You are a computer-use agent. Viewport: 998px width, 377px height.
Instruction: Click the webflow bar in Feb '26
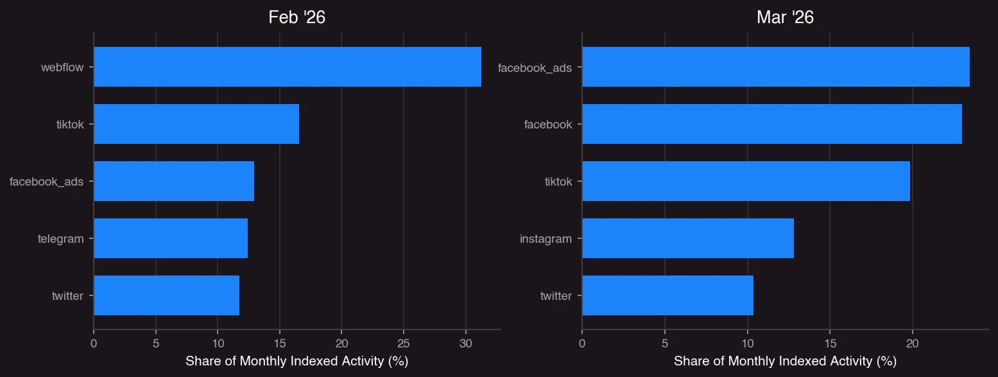coord(288,67)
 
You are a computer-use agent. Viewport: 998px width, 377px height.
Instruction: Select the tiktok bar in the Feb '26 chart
coord(196,124)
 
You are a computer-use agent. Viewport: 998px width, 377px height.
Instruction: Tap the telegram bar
coord(171,238)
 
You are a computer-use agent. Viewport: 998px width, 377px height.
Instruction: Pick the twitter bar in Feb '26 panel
coord(166,295)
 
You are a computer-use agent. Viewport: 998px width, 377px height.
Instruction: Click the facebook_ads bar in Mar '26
coord(775,67)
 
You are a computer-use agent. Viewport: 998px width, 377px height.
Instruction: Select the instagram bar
coord(687,238)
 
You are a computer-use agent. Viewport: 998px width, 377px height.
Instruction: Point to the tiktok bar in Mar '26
coord(746,181)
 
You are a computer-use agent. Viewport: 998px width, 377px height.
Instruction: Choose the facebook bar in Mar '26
coord(771,124)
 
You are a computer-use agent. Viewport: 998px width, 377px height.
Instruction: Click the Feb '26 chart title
coord(297,17)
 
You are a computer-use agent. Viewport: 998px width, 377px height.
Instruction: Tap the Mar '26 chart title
coord(785,17)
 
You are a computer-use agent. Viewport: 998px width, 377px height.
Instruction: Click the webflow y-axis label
coord(62,67)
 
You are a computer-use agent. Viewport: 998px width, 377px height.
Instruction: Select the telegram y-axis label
coord(61,239)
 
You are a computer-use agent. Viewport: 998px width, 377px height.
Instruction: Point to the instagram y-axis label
coord(546,239)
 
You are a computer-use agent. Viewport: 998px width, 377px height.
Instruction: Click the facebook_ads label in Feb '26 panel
coord(46,182)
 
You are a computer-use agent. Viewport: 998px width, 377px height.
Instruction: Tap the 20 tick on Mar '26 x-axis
coord(913,344)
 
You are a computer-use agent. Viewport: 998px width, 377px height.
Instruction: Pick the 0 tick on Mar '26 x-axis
coord(582,344)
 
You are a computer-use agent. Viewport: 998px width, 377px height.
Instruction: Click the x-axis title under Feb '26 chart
coord(297,362)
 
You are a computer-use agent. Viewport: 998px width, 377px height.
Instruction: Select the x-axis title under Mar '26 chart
coord(785,362)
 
